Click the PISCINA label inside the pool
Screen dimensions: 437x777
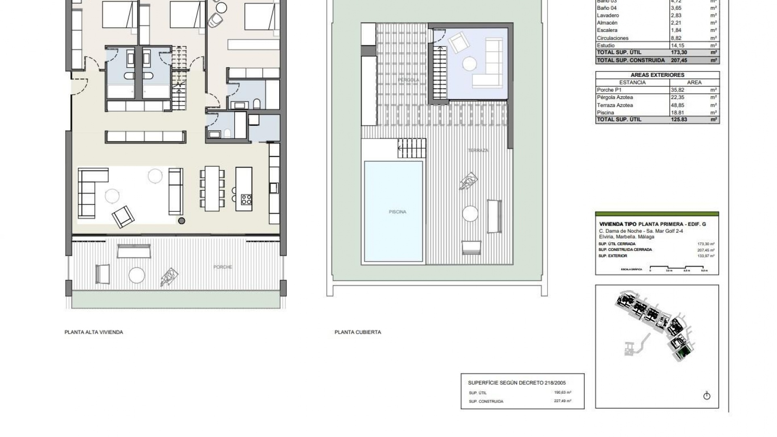click(x=397, y=212)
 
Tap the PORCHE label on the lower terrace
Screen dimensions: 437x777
click(x=223, y=267)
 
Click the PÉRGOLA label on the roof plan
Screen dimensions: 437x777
click(x=408, y=80)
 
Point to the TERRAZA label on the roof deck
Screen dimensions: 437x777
click(x=478, y=151)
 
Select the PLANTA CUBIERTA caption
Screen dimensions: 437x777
click(x=358, y=332)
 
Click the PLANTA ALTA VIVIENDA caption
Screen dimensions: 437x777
click(x=93, y=332)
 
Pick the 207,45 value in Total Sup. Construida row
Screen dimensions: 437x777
click(x=679, y=60)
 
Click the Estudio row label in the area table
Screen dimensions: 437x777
click(x=605, y=46)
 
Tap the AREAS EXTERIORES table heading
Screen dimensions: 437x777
click(x=657, y=75)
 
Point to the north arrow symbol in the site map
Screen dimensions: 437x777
click(x=707, y=396)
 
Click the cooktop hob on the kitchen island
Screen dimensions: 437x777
click(x=246, y=199)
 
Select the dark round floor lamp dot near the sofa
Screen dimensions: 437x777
click(x=182, y=221)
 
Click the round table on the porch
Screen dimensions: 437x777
click(x=136, y=276)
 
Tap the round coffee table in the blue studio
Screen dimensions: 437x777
click(x=470, y=64)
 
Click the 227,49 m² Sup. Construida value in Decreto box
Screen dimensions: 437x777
click(x=563, y=401)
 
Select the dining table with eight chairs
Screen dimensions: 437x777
click(x=212, y=189)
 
